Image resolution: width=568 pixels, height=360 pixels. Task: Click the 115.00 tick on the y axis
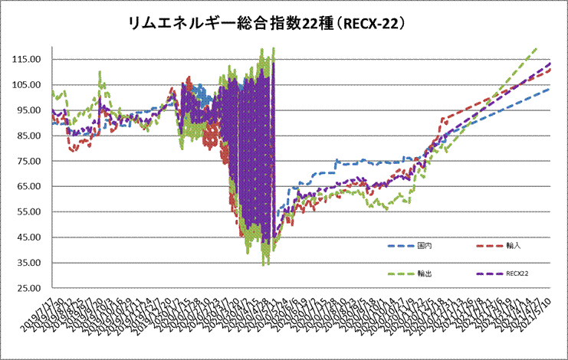click(x=28, y=60)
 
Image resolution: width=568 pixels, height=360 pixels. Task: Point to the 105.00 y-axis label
click(x=28, y=85)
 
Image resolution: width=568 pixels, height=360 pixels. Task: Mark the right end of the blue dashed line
click(x=550, y=88)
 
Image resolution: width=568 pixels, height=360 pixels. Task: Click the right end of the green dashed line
click(x=536, y=48)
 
